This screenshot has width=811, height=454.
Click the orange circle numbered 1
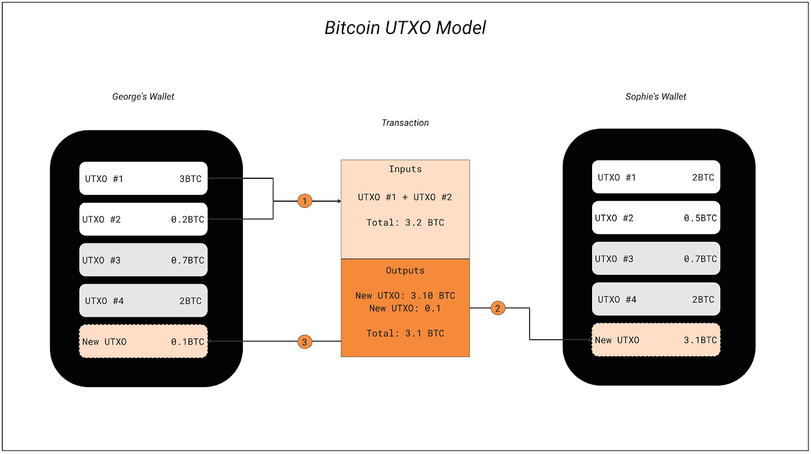click(305, 201)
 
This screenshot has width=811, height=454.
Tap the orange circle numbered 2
click(497, 308)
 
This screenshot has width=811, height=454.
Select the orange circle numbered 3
click(305, 342)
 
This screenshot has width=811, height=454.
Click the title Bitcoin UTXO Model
click(405, 28)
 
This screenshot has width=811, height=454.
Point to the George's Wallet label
click(143, 97)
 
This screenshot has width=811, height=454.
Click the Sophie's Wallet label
click(656, 97)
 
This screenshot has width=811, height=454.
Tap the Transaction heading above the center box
click(405, 123)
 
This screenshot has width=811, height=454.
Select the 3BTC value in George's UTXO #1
click(190, 179)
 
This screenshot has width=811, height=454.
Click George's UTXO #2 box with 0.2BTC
click(143, 219)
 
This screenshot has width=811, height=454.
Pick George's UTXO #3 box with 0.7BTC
click(143, 260)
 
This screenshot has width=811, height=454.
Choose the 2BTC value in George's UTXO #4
click(190, 301)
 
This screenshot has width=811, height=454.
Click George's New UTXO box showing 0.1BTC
click(143, 341)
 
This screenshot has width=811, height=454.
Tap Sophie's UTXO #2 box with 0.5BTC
click(656, 218)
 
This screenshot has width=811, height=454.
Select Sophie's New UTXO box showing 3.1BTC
click(656, 340)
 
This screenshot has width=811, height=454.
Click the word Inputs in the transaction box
click(405, 169)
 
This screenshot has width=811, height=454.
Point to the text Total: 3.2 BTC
click(405, 222)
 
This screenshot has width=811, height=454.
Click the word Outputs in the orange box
click(405, 270)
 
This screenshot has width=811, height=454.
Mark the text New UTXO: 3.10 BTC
click(405, 295)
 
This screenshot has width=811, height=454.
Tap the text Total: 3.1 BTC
click(405, 333)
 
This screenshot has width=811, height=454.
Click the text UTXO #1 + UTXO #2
click(405, 197)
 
